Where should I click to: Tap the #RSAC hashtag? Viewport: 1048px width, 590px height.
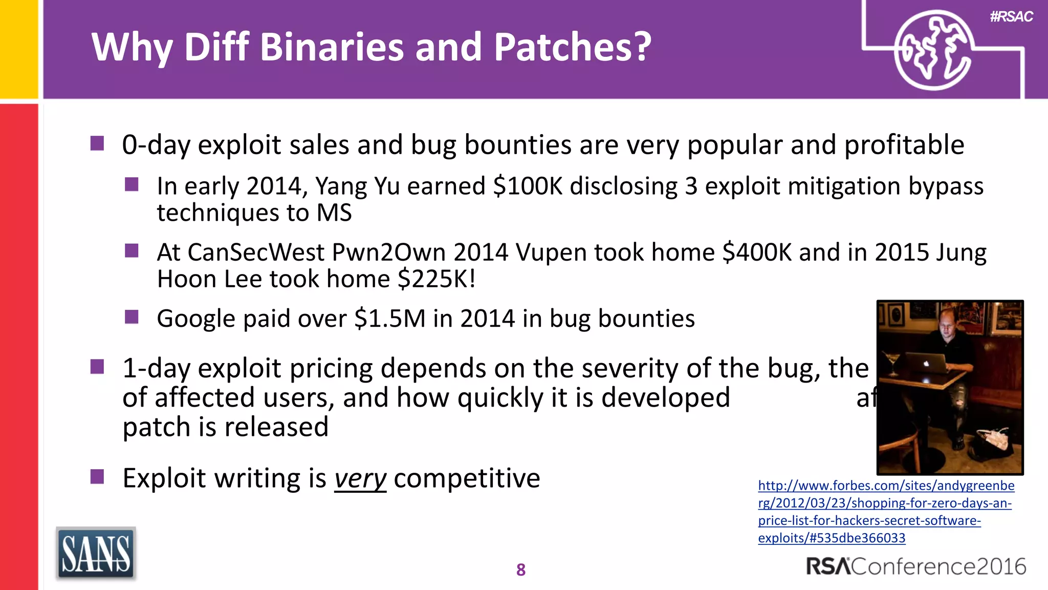1011,17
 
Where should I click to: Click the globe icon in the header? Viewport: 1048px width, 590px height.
932,50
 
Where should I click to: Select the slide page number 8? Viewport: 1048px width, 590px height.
521,570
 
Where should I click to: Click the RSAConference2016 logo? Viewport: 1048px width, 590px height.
916,566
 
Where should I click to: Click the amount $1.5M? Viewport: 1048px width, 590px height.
389,319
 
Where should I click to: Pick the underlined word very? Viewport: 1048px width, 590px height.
360,479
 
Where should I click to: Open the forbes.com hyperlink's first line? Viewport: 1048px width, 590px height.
886,486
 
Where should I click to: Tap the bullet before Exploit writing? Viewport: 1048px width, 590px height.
97,477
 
